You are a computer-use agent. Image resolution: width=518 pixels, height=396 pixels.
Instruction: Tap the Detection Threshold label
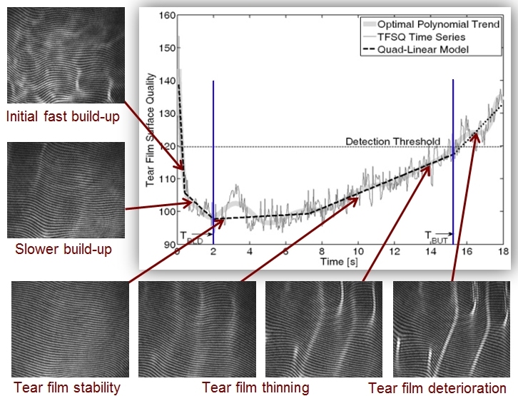(392, 142)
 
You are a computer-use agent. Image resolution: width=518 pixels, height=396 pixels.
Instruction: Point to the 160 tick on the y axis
(167, 15)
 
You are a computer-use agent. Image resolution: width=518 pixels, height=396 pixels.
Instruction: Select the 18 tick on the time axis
(502, 252)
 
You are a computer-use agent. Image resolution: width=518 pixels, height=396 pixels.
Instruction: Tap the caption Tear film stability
(66, 387)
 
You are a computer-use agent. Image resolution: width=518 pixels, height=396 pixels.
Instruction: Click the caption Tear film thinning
(255, 387)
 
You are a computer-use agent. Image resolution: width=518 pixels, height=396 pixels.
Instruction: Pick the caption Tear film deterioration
(437, 388)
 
